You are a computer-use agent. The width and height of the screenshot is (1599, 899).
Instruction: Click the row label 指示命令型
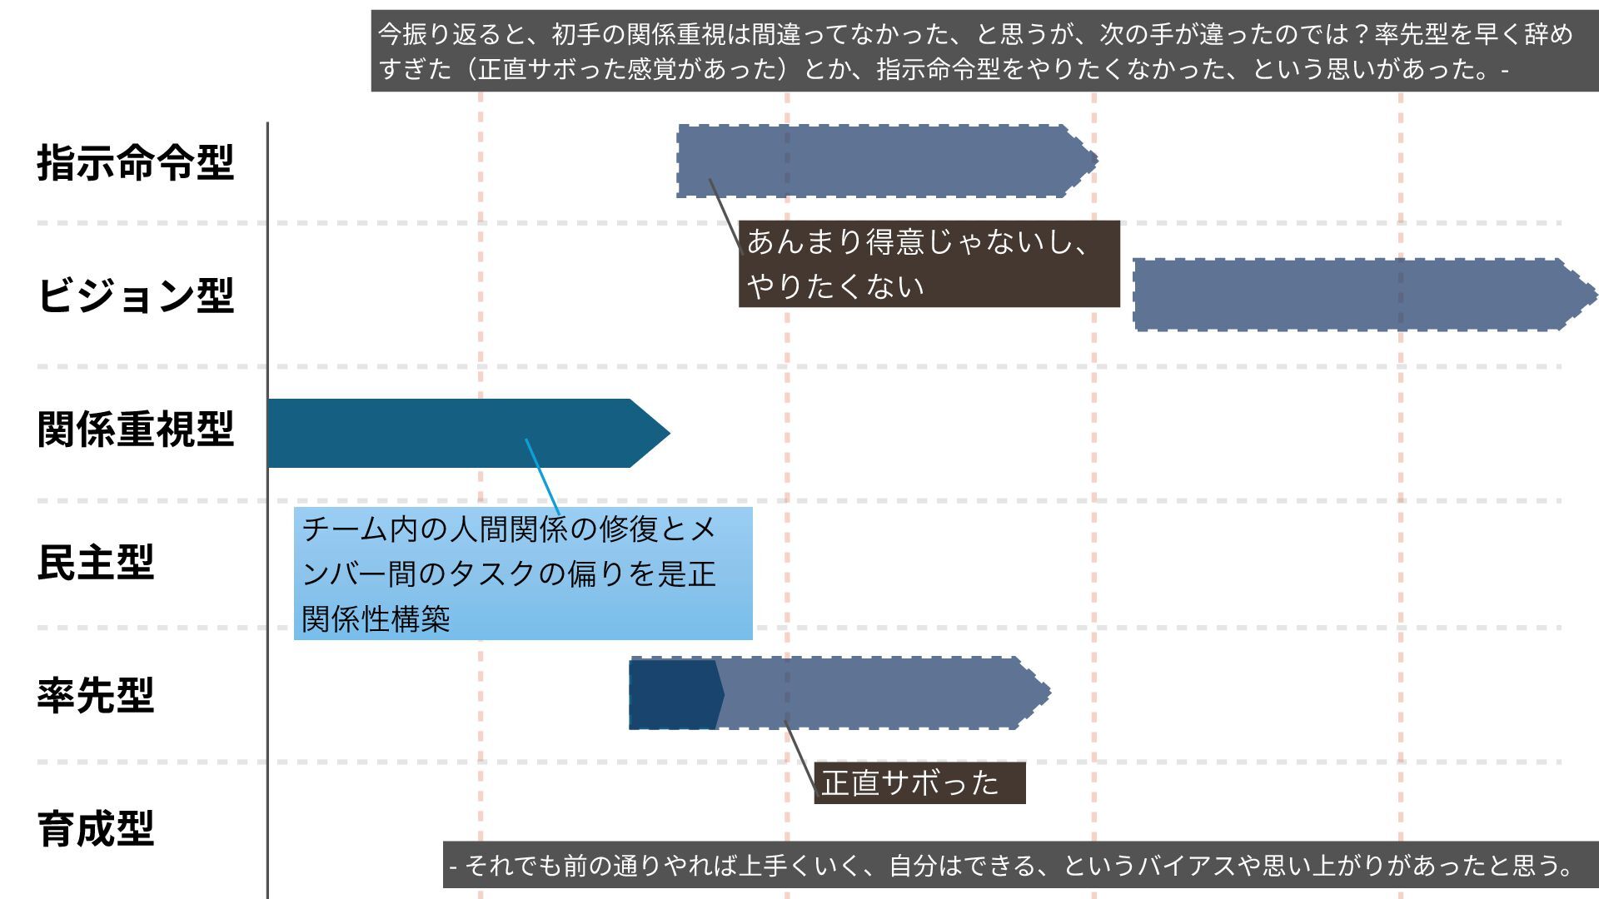click(x=135, y=162)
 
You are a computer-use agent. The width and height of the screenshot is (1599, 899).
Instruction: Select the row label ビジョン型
click(x=135, y=296)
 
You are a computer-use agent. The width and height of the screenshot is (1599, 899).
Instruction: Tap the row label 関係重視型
click(x=135, y=430)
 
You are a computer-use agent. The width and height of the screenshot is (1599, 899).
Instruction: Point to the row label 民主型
click(x=96, y=563)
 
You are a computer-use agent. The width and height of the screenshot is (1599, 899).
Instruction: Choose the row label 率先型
click(x=96, y=696)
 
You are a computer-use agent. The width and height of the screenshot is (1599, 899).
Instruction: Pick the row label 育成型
click(x=96, y=829)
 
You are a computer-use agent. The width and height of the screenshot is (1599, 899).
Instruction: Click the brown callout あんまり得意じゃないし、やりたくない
click(x=929, y=264)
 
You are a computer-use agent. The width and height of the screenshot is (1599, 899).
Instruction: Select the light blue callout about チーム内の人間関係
click(x=523, y=573)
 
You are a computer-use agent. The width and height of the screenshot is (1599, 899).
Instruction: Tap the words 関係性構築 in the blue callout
click(x=376, y=618)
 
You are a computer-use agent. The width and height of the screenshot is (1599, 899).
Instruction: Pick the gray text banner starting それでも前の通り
click(x=1020, y=866)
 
